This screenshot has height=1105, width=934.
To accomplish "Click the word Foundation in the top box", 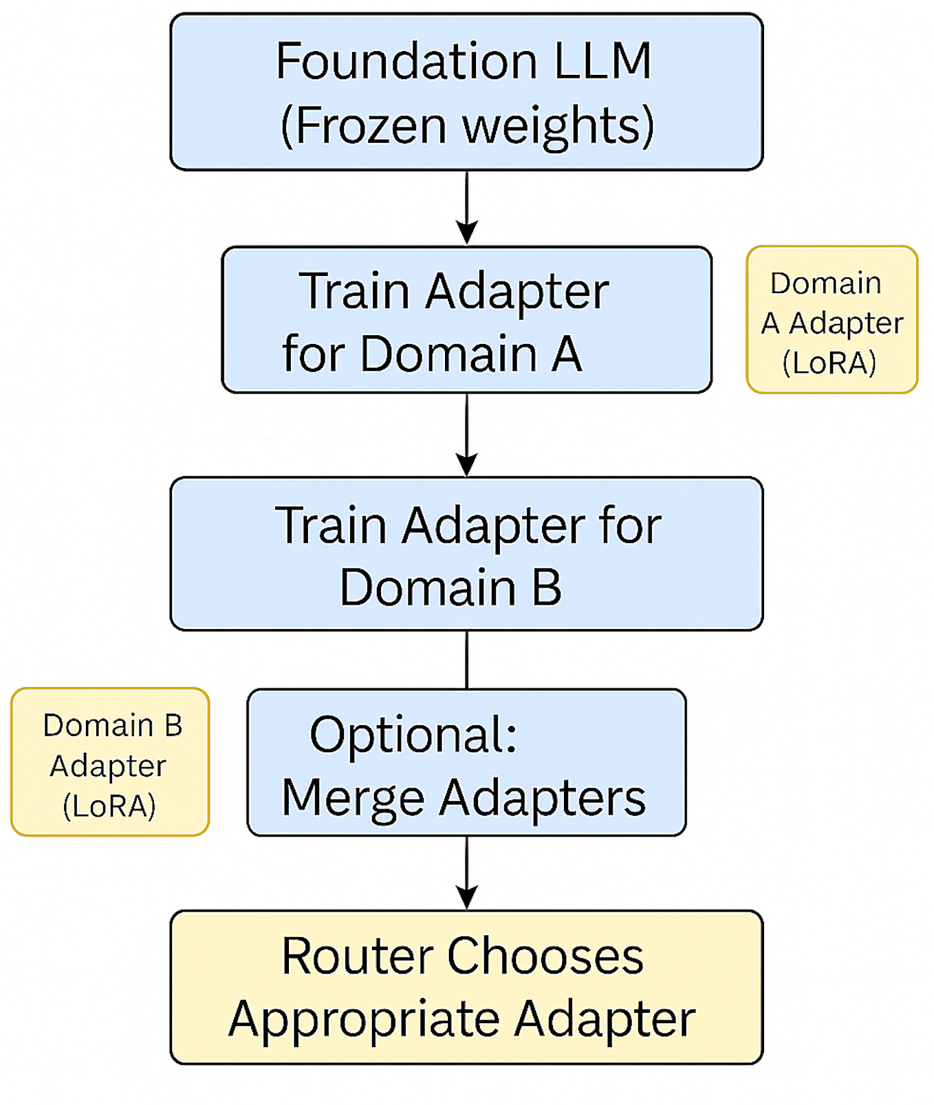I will (x=406, y=62).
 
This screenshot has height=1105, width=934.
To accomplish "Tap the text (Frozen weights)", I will (x=467, y=126).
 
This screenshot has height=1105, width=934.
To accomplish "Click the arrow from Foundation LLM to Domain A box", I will (x=467, y=206).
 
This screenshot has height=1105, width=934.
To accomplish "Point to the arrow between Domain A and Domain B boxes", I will (x=467, y=435).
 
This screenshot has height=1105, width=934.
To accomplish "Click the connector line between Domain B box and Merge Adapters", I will (x=467, y=659).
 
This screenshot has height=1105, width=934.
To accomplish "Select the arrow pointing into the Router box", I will (x=467, y=872).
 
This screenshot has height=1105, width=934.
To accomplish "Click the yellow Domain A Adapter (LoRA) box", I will (x=832, y=320).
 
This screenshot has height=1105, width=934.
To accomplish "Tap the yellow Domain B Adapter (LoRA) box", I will (x=110, y=762).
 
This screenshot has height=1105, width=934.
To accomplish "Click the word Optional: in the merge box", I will (x=413, y=735).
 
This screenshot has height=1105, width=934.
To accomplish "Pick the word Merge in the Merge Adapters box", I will (x=353, y=798).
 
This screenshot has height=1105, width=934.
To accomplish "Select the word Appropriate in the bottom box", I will (x=364, y=1020).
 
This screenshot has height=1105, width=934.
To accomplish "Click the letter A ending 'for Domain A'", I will (x=566, y=354).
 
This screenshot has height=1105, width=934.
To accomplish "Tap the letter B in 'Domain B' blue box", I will (x=546, y=588).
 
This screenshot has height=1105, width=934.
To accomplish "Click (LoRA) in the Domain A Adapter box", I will (x=829, y=363).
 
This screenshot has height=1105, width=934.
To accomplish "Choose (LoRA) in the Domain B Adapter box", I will (x=109, y=806).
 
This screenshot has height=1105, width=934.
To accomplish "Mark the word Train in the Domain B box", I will (x=331, y=526).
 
